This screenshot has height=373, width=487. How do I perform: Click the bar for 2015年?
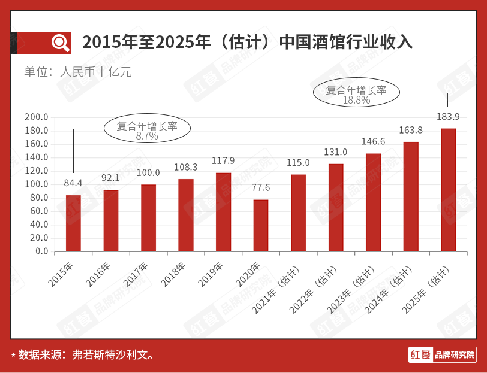click(73, 223)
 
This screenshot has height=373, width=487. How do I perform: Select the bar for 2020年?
click(261, 225)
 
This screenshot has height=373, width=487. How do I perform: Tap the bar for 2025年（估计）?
click(448, 190)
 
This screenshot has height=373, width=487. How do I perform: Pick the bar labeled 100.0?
click(148, 217)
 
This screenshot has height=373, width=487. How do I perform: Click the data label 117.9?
click(224, 160)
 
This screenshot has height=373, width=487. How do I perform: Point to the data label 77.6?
click(261, 187)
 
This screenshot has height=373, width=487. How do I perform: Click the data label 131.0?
click(336, 152)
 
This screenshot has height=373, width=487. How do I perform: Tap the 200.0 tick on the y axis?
click(37, 117)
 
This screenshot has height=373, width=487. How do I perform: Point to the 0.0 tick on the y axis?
click(41, 251)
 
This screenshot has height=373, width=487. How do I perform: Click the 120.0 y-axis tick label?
click(37, 171)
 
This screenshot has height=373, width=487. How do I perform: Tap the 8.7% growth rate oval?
click(147, 130)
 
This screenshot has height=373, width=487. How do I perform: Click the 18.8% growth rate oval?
click(356, 94)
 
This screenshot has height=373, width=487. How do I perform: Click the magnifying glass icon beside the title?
click(61, 43)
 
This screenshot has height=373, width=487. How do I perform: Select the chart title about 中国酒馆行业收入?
click(247, 43)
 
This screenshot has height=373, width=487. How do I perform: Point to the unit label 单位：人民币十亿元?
click(78, 72)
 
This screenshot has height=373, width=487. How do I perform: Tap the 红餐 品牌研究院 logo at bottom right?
click(443, 354)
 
